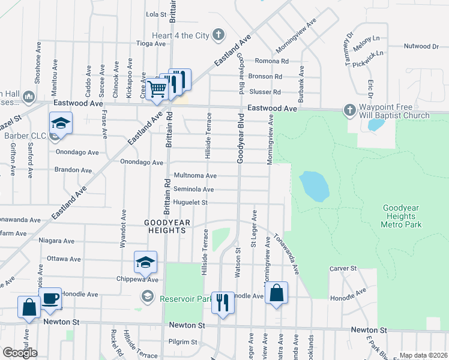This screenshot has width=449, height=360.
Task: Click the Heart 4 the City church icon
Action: pos(219,35)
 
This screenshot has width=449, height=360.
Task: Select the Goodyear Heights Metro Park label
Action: pos(401,217)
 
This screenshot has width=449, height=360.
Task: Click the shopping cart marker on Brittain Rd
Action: pos(157,88)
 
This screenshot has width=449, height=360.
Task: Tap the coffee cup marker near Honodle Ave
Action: pos(50,298)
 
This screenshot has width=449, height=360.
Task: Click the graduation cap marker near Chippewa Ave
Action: pos(145,262)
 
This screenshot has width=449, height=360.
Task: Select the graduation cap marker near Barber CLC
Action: pos(61,123)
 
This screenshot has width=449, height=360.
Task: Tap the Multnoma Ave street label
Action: pos(194,176)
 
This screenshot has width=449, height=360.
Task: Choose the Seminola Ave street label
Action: pos(193,189)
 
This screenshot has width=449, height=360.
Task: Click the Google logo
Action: pos(20,352)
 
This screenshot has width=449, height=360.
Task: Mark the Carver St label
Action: pos(343,268)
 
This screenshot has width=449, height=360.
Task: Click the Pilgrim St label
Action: pos(182,342)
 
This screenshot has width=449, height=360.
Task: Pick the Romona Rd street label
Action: pos(272,61)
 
